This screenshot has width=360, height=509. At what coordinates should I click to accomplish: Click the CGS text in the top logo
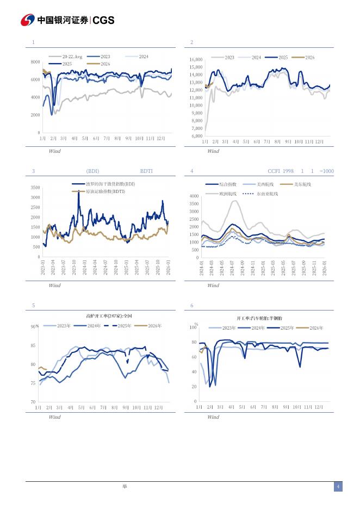[103, 20]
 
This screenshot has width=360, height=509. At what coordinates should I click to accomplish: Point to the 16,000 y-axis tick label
[196, 59]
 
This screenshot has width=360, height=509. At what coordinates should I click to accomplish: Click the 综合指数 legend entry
[227, 185]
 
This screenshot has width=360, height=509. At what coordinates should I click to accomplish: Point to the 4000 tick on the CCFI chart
[194, 196]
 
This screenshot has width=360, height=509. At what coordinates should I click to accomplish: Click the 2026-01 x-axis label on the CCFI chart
[325, 269]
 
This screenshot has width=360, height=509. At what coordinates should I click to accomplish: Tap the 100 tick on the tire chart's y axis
[193, 327]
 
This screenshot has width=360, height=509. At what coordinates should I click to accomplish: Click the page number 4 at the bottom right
[338, 487]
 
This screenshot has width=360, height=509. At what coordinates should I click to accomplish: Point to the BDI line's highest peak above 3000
[78, 193]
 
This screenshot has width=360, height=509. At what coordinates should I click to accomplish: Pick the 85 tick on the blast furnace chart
[33, 345]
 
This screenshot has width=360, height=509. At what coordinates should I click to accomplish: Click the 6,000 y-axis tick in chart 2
[196, 136]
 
